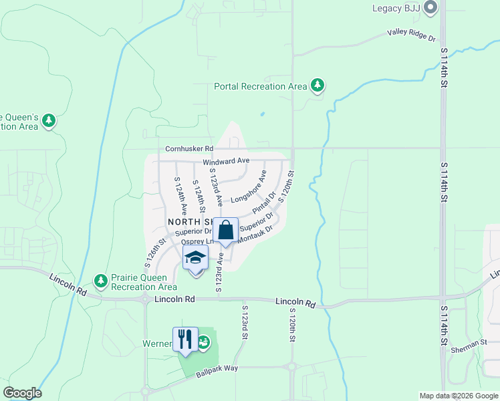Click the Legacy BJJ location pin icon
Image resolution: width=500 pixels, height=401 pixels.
pyautogui.click(x=430, y=9)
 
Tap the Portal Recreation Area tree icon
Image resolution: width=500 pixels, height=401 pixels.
pyautogui.click(x=318, y=86)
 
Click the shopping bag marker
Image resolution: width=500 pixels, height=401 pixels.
pyautogui.click(x=226, y=231)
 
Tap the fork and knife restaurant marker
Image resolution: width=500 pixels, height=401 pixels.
pyautogui.click(x=185, y=340)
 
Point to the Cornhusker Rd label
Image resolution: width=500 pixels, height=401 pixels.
pyautogui.click(x=189, y=148)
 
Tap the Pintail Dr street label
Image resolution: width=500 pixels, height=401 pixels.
pyautogui.click(x=265, y=203)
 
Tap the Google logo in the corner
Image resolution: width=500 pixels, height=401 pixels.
pyautogui.click(x=22, y=393)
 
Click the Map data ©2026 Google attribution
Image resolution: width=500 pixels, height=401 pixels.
pyautogui.click(x=459, y=396)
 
